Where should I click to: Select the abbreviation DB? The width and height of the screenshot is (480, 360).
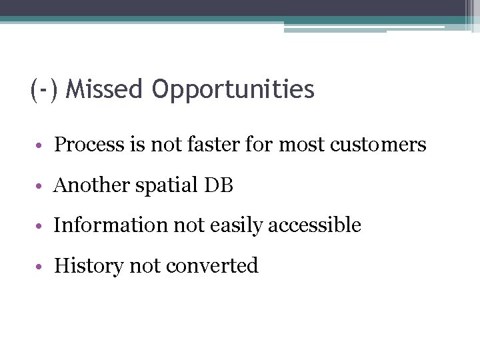pyautogui.click(x=219, y=185)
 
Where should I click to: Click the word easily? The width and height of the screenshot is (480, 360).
pyautogui.click(x=236, y=226)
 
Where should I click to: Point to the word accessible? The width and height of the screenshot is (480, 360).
pyautogui.click(x=315, y=225)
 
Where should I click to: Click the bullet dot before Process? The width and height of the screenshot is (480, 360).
pyautogui.click(x=41, y=146)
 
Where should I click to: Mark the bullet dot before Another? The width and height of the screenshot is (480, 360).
pyautogui.click(x=41, y=187)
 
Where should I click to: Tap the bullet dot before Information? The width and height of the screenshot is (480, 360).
pyautogui.click(x=41, y=227)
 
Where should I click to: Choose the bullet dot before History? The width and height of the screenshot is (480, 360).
pyautogui.click(x=41, y=267)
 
